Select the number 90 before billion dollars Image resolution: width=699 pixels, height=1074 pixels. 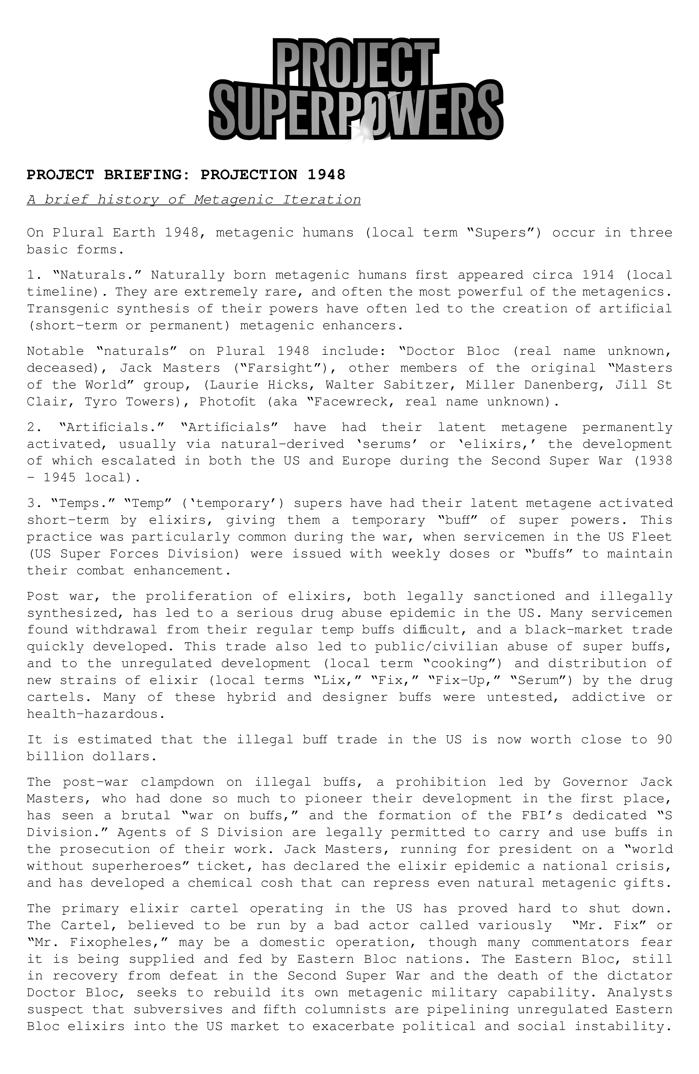point(664,740)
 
